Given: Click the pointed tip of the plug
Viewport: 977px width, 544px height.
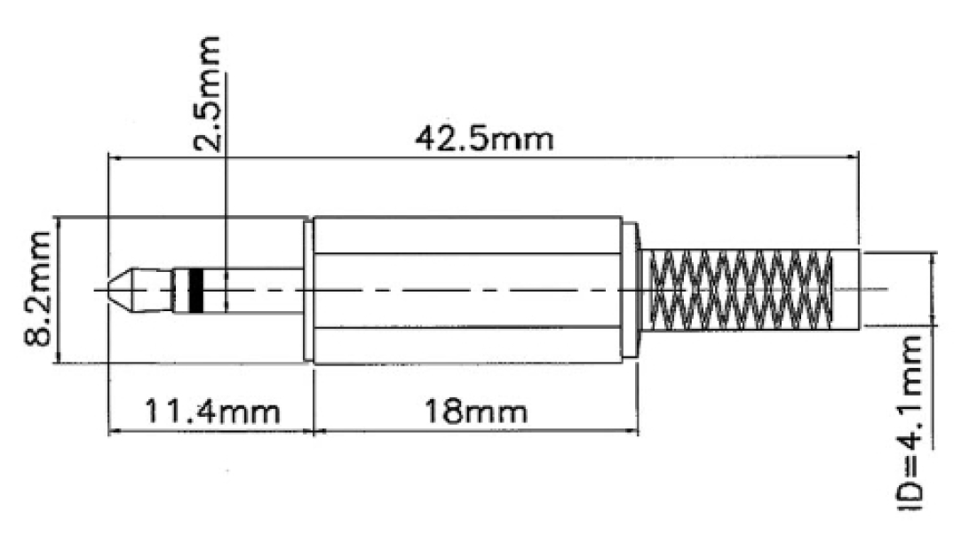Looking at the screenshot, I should (x=114, y=290).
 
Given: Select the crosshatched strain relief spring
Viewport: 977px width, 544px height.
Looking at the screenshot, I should (x=741, y=290).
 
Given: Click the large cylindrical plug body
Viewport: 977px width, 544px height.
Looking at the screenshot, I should (x=471, y=290).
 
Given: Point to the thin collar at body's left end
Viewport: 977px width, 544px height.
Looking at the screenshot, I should (x=308, y=290).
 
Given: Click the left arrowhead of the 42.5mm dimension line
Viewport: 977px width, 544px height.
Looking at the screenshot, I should (x=113, y=157).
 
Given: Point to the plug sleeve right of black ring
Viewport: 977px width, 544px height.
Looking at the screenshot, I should (x=258, y=290).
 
